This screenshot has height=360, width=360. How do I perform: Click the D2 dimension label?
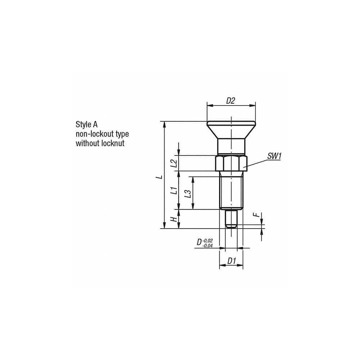tap(230, 101)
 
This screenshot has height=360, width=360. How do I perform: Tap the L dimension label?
tap(161, 176)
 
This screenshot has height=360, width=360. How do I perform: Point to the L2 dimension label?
tap(174, 163)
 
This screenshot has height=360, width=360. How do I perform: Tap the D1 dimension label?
tap(231, 262)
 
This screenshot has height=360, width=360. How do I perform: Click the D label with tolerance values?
tap(199, 243)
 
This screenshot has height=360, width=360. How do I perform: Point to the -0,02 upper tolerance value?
tap(208, 240)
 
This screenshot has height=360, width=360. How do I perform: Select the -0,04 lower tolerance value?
tap(208, 246)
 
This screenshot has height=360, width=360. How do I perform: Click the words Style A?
tap(86, 125)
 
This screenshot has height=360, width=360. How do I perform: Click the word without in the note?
tap(87, 143)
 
